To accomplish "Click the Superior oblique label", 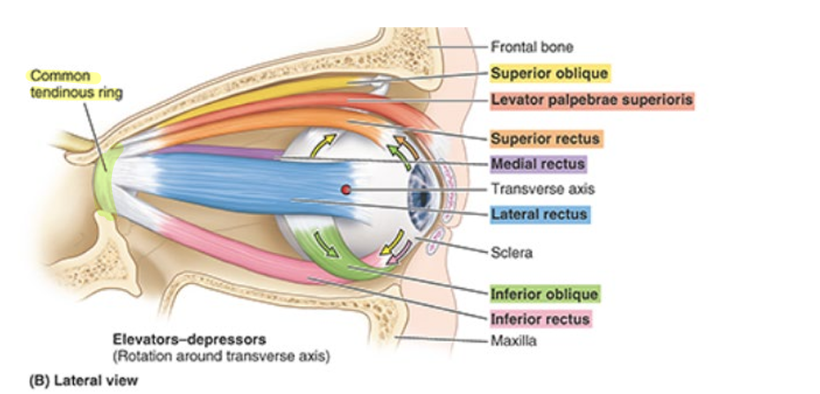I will [x=549, y=73].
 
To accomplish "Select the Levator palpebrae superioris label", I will [x=592, y=100].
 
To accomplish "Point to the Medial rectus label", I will [x=537, y=164].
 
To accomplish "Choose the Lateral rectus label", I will [x=539, y=214].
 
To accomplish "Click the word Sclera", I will [x=510, y=252].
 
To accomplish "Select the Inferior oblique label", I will [x=544, y=294].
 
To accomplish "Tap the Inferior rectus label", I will [x=540, y=317].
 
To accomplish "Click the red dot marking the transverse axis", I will [x=346, y=189].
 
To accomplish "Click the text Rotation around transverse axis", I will [x=219, y=356].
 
